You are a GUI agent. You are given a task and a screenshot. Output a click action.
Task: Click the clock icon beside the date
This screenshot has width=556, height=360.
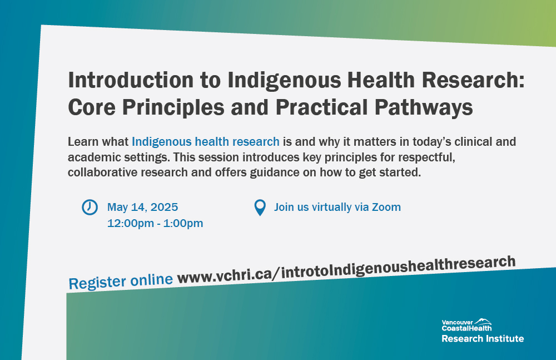tap(90, 207)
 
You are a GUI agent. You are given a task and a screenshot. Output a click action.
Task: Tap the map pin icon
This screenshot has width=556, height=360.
tap(260, 208)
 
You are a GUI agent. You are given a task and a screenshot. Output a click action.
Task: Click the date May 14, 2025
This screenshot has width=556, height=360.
tap(142, 208)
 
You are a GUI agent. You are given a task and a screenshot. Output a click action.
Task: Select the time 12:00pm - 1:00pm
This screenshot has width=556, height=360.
tap(155, 224)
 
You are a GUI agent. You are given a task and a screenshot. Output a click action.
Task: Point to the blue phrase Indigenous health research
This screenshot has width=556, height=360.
tap(205, 141)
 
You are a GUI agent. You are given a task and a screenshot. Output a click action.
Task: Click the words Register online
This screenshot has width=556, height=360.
tap(120, 280)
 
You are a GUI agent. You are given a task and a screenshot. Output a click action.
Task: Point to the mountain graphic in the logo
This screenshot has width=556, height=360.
tap(483, 322)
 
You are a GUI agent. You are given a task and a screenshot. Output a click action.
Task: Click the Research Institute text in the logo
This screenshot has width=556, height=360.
tap(482, 338)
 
